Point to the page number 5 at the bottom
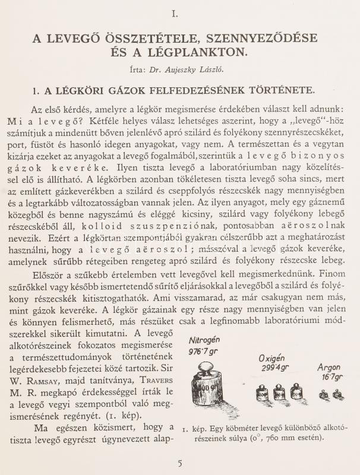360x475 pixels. [179, 463]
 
